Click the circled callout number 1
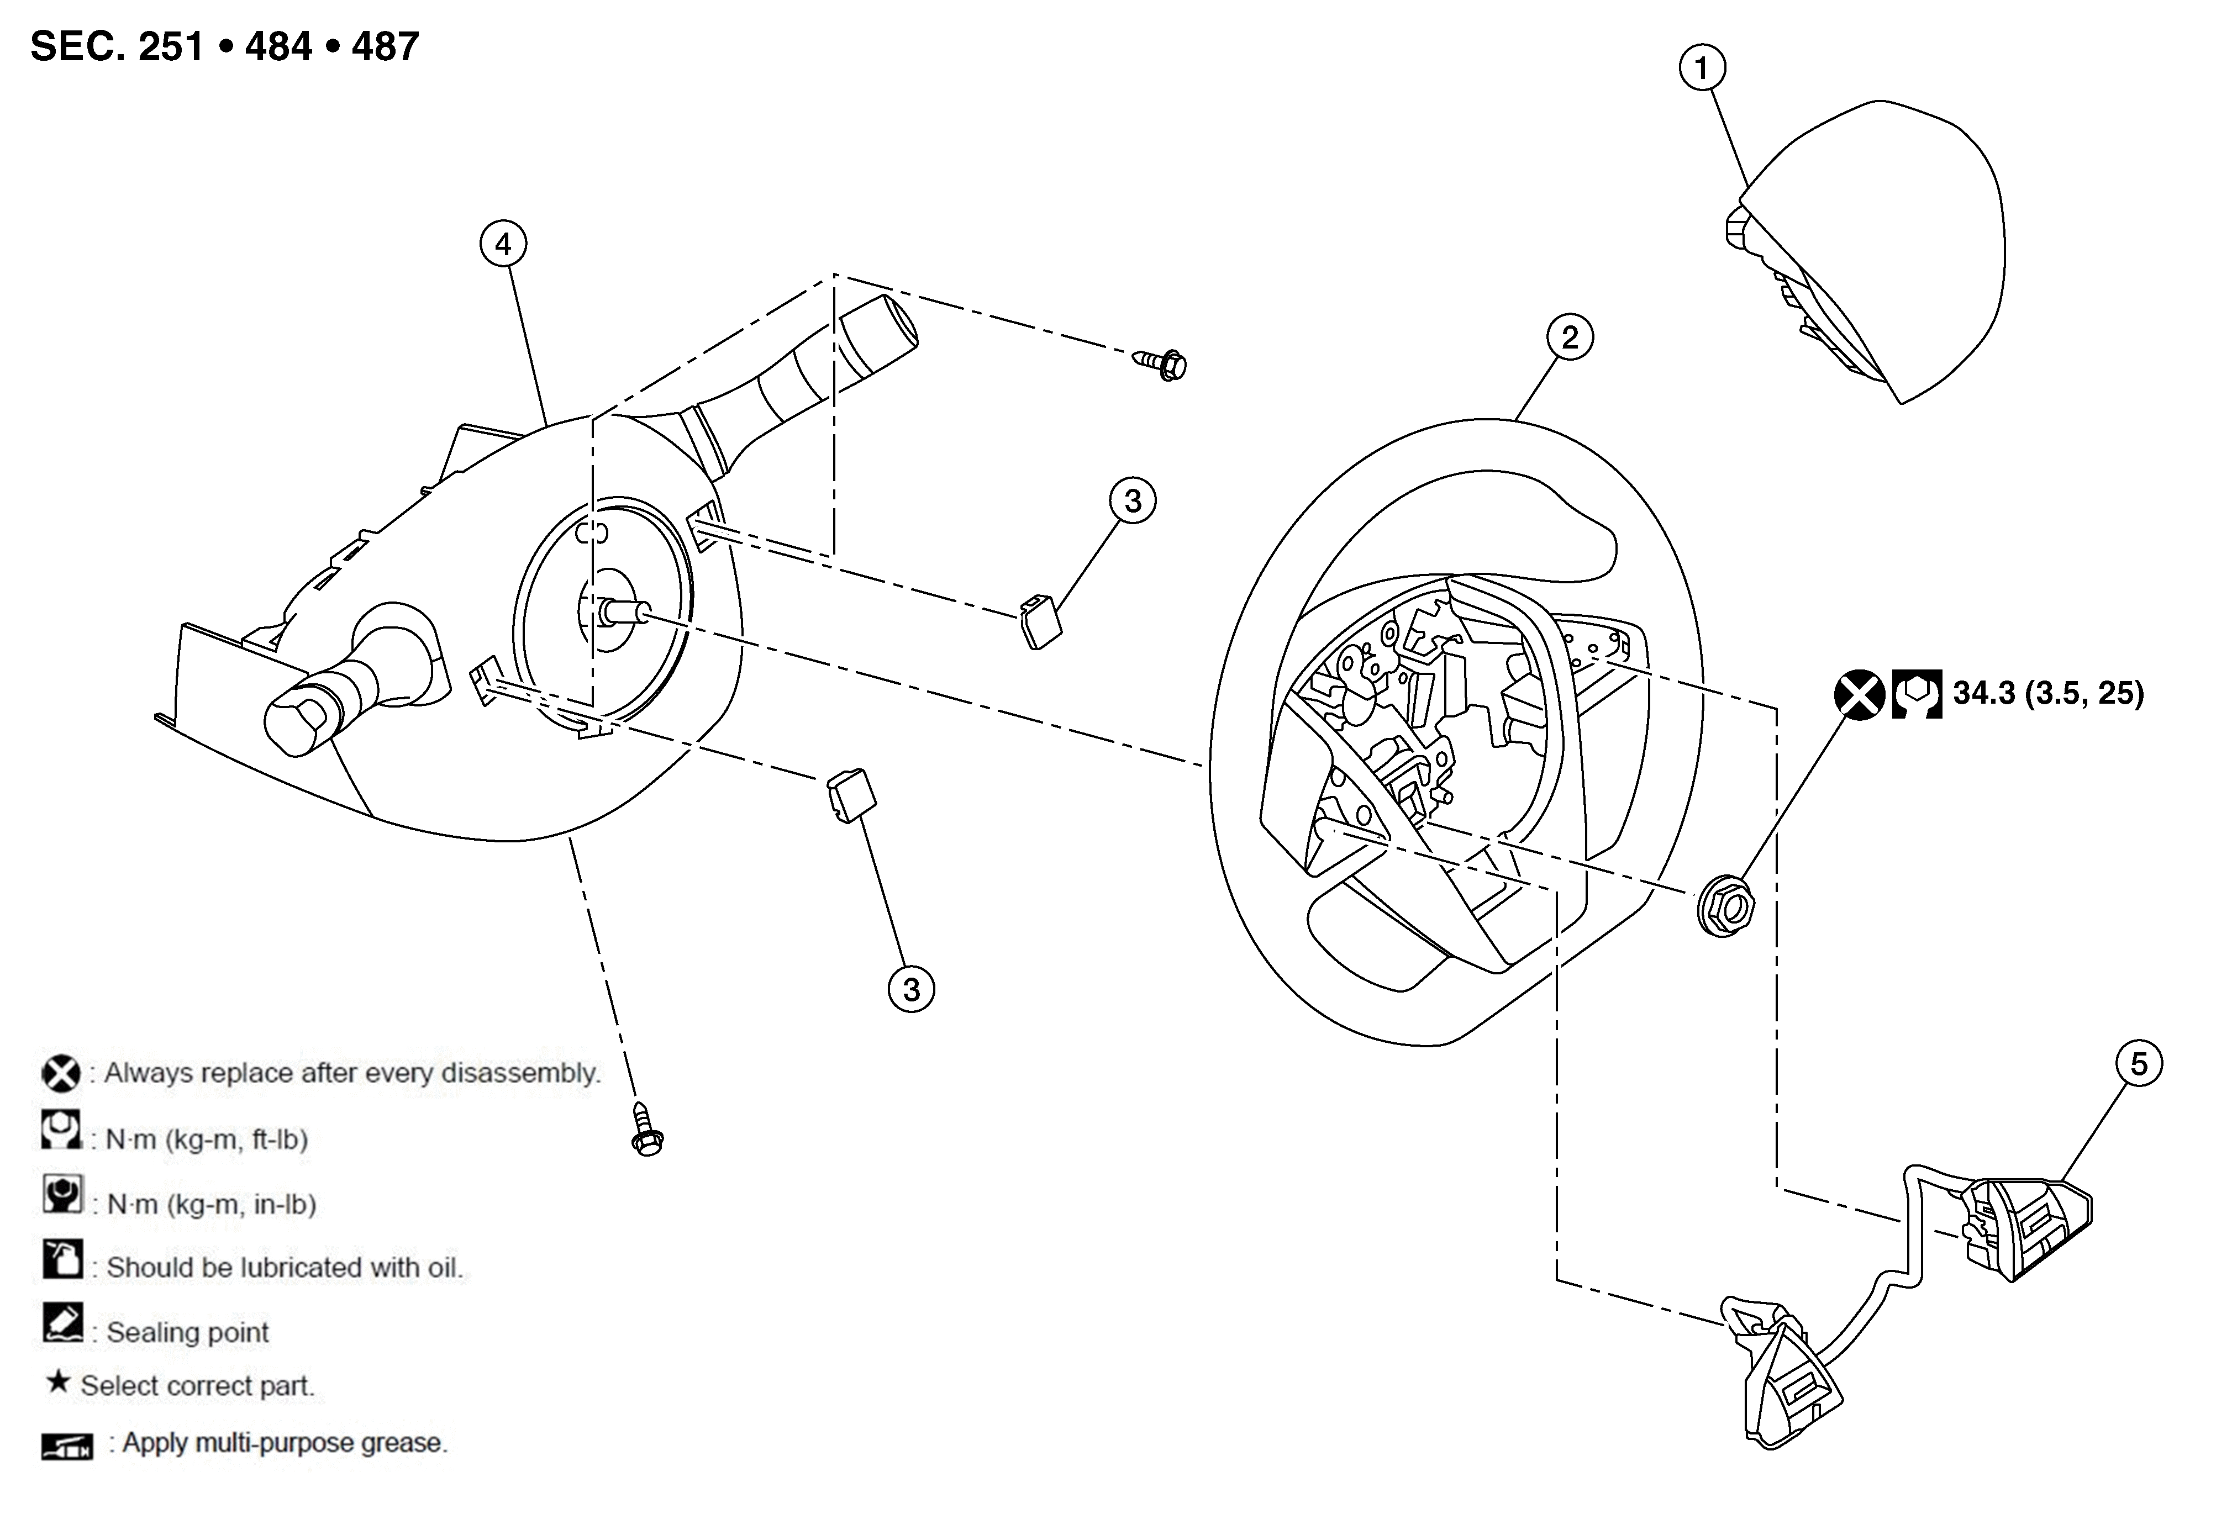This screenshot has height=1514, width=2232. pos(1702,68)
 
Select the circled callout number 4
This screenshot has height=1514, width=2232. pos(503,245)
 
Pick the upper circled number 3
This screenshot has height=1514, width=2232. pos(1133,500)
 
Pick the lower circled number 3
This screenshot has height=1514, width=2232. pos(910,989)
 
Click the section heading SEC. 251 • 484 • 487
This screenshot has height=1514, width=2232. pos(225,46)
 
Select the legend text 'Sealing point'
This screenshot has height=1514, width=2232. pos(187,1332)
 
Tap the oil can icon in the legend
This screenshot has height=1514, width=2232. pos(62,1259)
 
